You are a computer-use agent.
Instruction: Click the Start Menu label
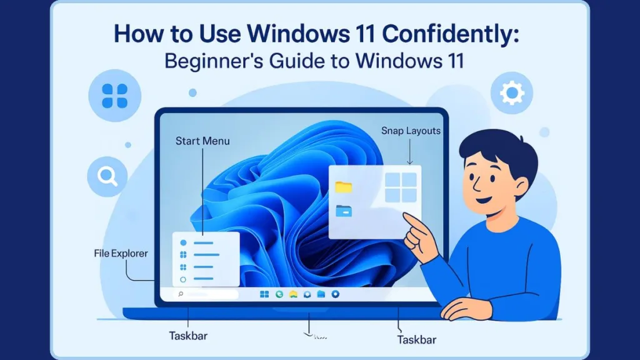(202, 141)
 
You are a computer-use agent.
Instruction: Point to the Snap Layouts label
(411, 131)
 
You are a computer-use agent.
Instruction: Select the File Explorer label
(121, 254)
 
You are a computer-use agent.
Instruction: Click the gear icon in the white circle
(512, 94)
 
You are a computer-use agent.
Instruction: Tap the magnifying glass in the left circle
(107, 177)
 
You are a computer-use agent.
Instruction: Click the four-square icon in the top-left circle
(114, 96)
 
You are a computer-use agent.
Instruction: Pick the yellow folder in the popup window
(344, 186)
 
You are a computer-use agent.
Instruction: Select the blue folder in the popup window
(344, 211)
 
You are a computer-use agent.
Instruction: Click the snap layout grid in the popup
(401, 188)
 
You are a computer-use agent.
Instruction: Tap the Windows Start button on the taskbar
(264, 294)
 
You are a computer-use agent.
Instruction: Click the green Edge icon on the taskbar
(279, 294)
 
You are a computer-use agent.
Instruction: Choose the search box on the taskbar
(207, 294)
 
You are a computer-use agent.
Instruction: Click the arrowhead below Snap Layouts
(410, 162)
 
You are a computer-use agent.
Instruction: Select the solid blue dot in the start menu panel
(183, 242)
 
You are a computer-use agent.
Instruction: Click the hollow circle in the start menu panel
(183, 279)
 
